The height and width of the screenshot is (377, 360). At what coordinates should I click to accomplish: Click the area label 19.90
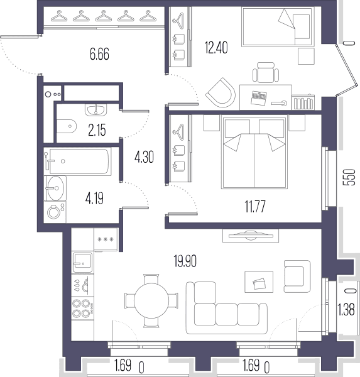(185, 261)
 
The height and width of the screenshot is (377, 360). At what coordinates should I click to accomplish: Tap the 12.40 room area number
(216, 47)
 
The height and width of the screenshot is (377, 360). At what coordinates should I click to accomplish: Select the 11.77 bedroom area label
(255, 207)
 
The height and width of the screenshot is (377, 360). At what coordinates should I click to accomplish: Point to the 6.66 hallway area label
(99, 54)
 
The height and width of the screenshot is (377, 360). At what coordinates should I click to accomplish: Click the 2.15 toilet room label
(97, 131)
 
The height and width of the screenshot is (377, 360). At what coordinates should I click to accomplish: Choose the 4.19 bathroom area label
(94, 199)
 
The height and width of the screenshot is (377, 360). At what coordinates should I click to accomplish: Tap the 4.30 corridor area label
(145, 158)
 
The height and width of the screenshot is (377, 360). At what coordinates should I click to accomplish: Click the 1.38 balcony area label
(346, 310)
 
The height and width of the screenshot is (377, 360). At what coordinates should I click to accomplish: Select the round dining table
(151, 300)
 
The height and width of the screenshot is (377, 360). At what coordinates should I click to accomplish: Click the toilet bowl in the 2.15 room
(67, 126)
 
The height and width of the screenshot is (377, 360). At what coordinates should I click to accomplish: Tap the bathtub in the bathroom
(77, 161)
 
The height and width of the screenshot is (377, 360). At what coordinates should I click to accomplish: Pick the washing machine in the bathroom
(55, 211)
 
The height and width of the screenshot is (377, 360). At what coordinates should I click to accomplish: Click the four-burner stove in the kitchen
(82, 309)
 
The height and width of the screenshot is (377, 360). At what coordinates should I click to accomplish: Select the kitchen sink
(82, 263)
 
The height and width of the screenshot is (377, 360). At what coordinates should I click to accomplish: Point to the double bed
(254, 153)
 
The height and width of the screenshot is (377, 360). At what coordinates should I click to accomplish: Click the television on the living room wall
(251, 236)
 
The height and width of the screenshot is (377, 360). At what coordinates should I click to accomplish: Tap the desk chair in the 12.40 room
(266, 72)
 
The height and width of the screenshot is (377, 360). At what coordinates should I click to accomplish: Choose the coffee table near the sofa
(259, 281)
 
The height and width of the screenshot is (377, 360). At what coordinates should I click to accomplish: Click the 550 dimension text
(351, 177)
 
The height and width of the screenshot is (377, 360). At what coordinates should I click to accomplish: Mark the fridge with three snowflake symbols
(106, 239)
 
